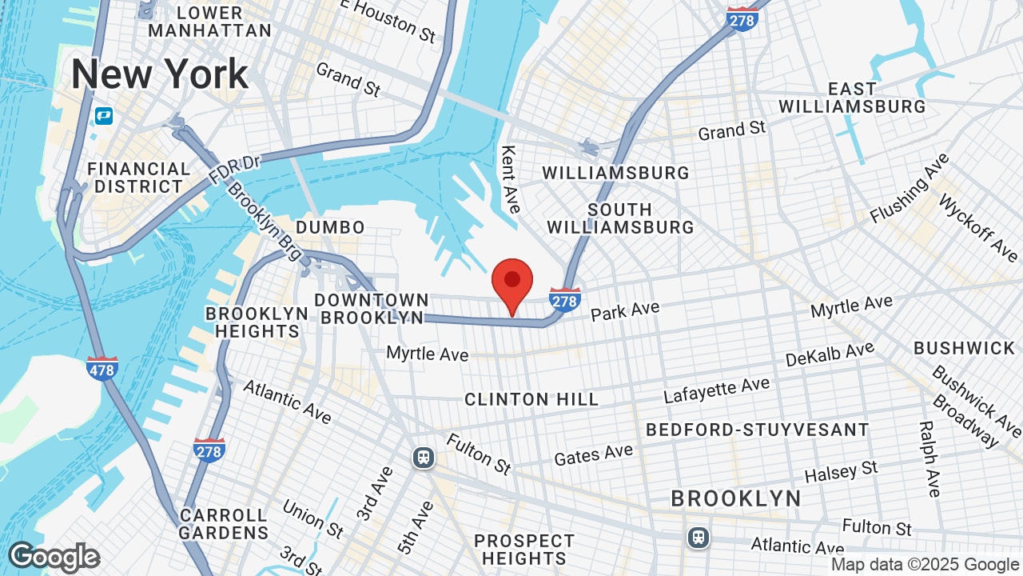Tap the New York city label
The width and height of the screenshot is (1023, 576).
coord(160,74)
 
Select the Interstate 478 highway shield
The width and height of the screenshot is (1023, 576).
coord(103,368)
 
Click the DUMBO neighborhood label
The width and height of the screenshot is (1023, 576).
coord(330,227)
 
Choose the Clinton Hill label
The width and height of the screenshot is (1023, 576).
coord(531,398)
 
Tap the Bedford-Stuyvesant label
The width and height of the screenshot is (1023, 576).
coord(757,430)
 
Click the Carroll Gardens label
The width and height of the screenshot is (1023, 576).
coord(224,523)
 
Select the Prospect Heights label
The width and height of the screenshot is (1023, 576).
coord(523,550)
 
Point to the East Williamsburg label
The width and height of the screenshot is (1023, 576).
coord(852,97)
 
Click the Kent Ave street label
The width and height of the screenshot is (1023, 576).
coord(509,179)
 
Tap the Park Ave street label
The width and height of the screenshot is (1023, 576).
coord(625,310)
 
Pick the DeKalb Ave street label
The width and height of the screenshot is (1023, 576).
coord(830,354)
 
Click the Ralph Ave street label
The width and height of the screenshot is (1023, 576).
coord(929,459)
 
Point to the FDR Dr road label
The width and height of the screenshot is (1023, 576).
coord(235,169)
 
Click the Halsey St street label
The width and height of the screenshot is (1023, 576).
coord(841,472)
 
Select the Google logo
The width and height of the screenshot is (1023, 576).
coord(54,557)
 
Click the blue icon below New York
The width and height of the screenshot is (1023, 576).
coord(103,116)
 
